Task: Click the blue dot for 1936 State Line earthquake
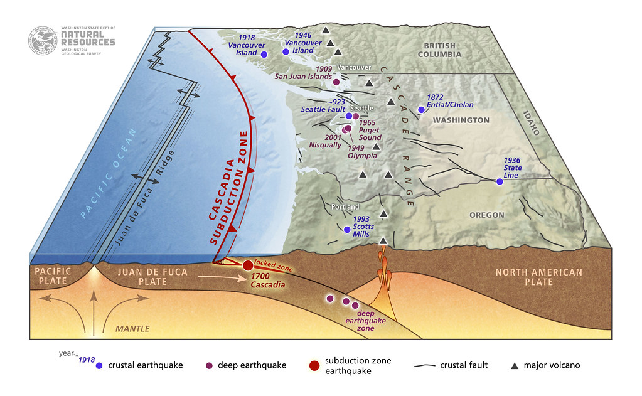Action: [x=499, y=181]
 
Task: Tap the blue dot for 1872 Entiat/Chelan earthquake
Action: [x=421, y=109]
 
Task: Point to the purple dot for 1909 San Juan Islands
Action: [x=336, y=82]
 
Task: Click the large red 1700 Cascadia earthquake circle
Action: [x=247, y=265]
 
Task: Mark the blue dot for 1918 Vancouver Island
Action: [x=264, y=55]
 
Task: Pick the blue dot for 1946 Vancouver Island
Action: [x=286, y=51]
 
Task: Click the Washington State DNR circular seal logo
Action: [x=43, y=40]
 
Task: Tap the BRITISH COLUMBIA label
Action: [x=442, y=50]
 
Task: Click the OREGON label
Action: [x=486, y=215]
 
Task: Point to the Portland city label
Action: [x=345, y=207]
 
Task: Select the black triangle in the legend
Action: [x=514, y=365]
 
